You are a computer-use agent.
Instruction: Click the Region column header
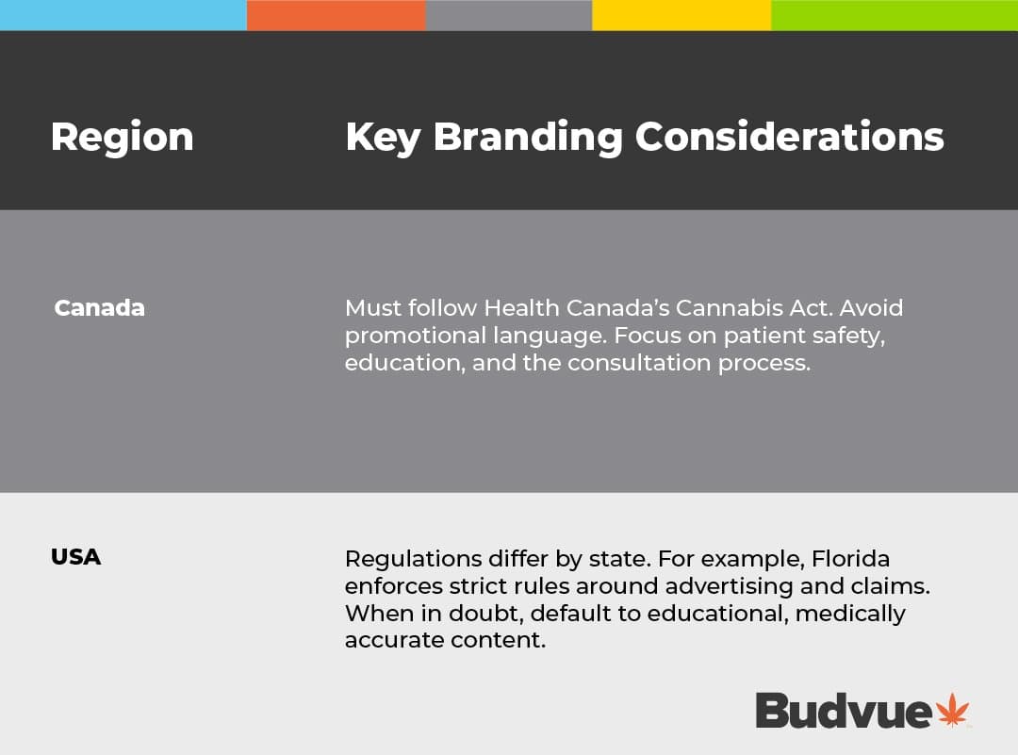122,138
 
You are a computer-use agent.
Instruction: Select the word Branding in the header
528,138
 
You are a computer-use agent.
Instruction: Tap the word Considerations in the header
790,137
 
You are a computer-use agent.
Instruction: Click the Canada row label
99,307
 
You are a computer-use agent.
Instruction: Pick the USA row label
76,557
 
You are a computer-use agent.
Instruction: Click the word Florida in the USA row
850,558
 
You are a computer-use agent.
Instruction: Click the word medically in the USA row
850,615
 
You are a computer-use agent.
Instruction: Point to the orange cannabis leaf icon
952,710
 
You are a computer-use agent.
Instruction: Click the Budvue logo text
844,710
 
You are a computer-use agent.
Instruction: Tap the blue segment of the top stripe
123,15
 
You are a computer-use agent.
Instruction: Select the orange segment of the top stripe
337,15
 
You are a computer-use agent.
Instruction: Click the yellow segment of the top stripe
681,15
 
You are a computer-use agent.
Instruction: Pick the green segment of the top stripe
895,15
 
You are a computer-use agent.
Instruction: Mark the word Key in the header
383,138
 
